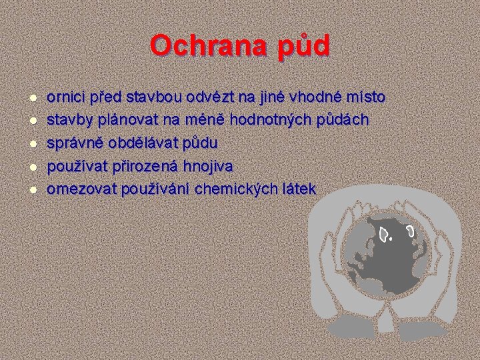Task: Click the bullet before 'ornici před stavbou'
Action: [x=32, y=98]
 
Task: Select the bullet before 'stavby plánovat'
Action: [x=32, y=121]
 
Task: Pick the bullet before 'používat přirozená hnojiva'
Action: [x=32, y=167]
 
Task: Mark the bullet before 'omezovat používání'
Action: [x=32, y=190]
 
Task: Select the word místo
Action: [x=364, y=98]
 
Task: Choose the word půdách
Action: [x=344, y=121]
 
